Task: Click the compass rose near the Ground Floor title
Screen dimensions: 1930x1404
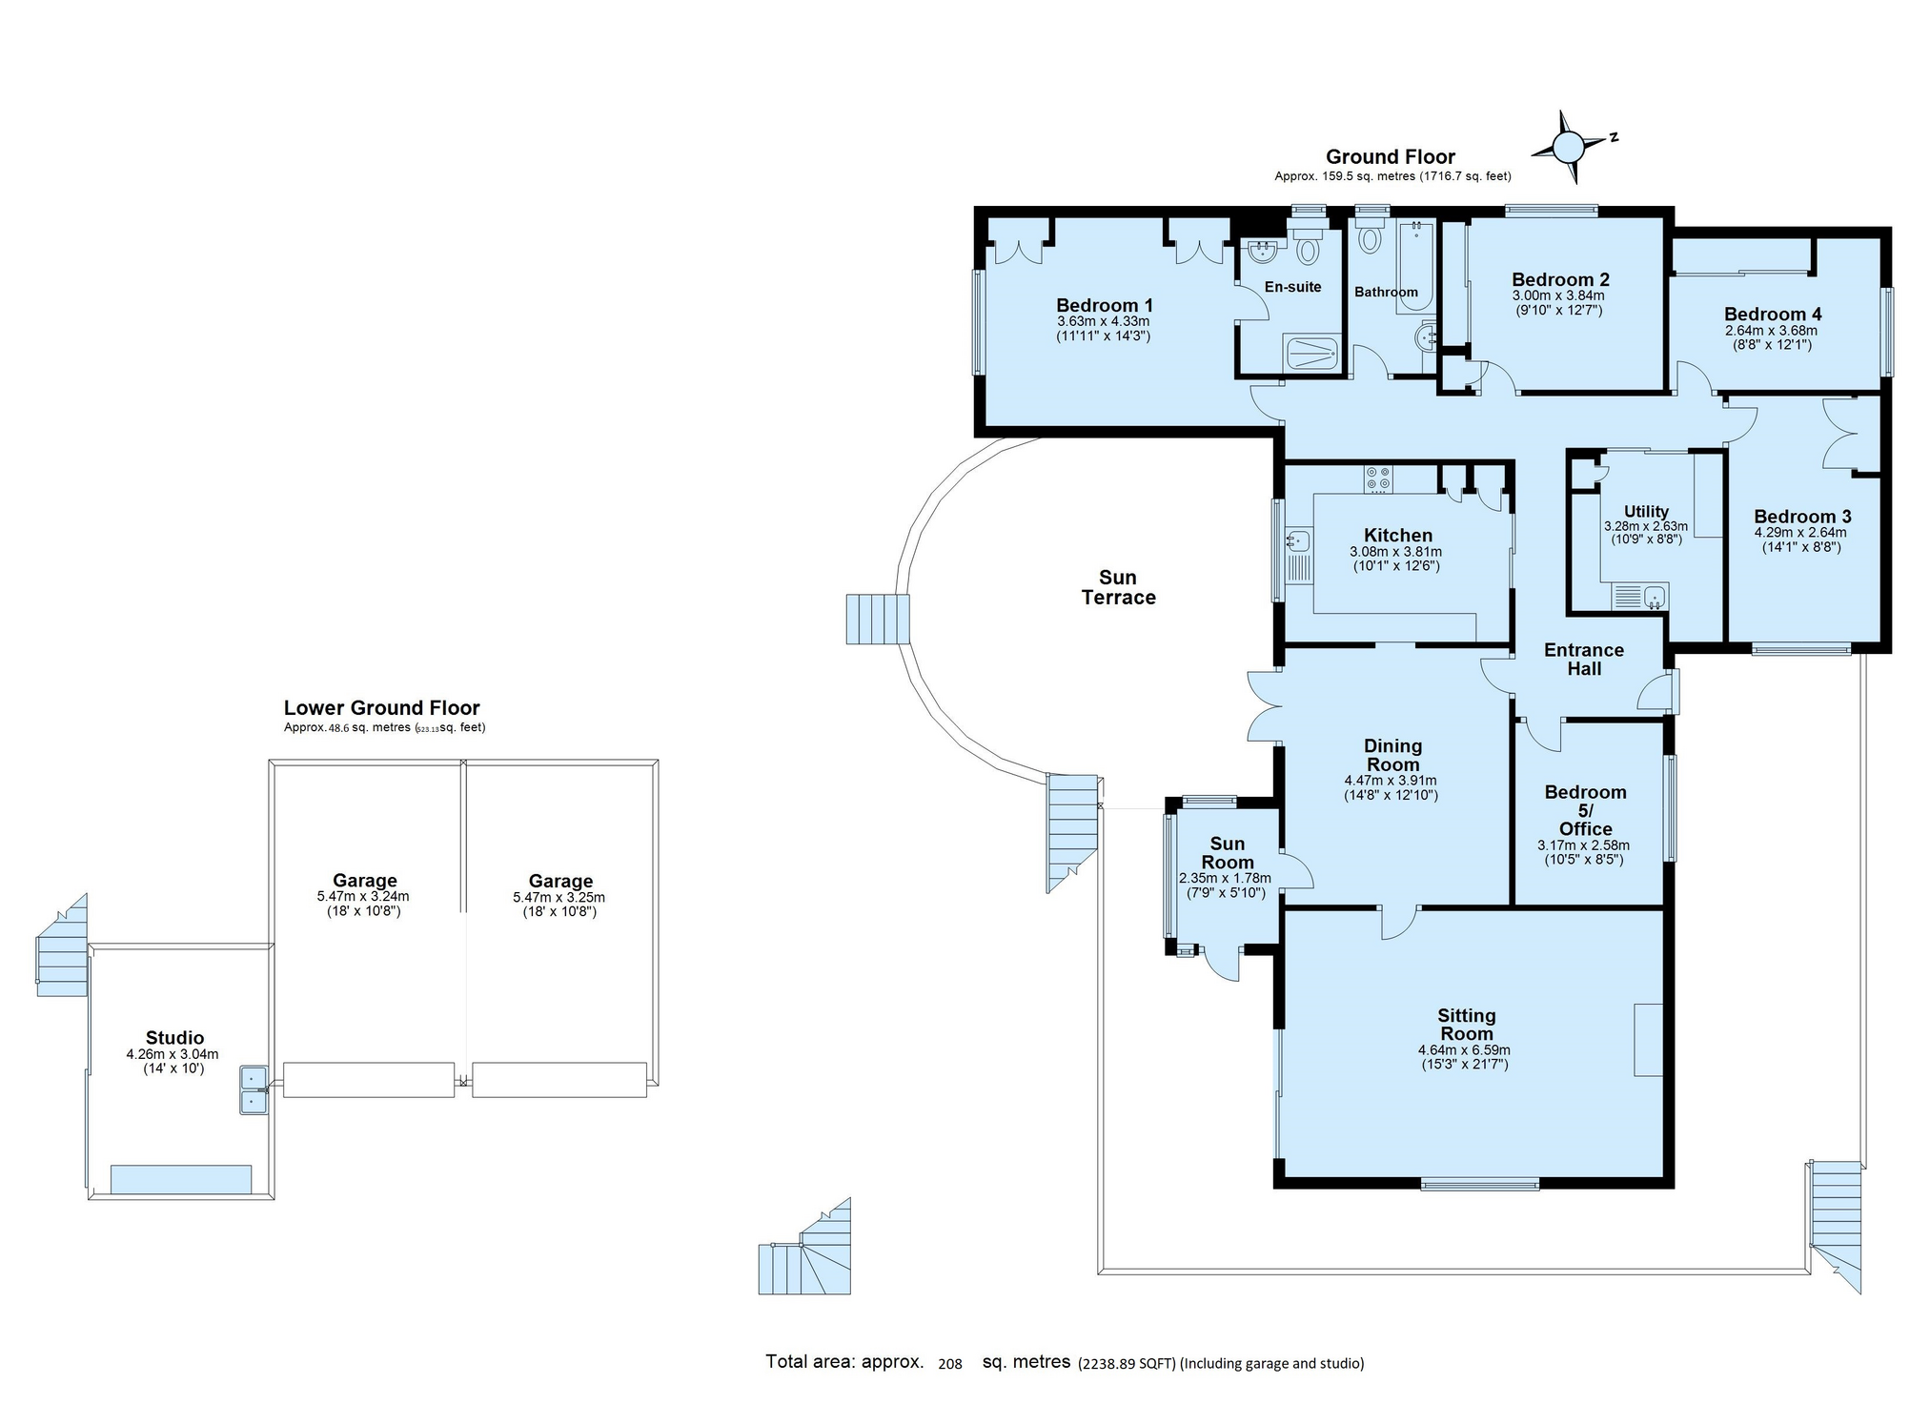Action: coord(1569,147)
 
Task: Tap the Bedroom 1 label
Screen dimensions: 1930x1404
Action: coord(1105,306)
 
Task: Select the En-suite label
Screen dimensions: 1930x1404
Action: coord(1292,287)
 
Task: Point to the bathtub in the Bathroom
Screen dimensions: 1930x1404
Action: coord(1417,266)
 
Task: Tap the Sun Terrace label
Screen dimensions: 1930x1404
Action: coord(1118,588)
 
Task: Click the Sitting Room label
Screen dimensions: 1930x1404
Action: coord(1467,1025)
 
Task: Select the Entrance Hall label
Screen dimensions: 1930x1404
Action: coord(1584,660)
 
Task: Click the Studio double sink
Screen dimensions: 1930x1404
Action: coord(254,1089)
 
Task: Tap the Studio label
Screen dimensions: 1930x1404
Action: coord(174,1038)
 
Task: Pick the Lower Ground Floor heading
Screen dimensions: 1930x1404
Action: coord(381,708)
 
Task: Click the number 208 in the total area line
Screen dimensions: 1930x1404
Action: coord(950,1364)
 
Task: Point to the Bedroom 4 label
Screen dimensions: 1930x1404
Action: coord(1772,315)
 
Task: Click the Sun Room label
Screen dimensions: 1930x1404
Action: coord(1228,853)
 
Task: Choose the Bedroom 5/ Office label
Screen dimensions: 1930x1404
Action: coord(1586,810)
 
